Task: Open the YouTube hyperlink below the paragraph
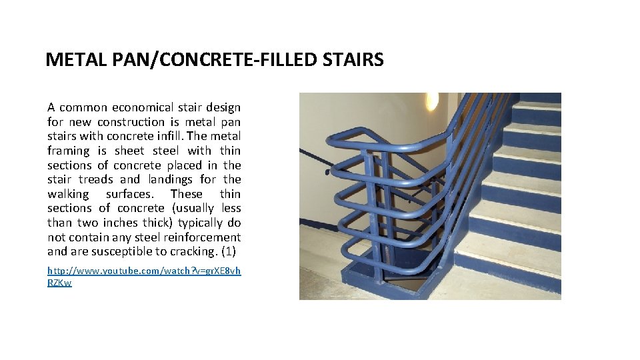pos(144,271)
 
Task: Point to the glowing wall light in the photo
pos(432,101)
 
